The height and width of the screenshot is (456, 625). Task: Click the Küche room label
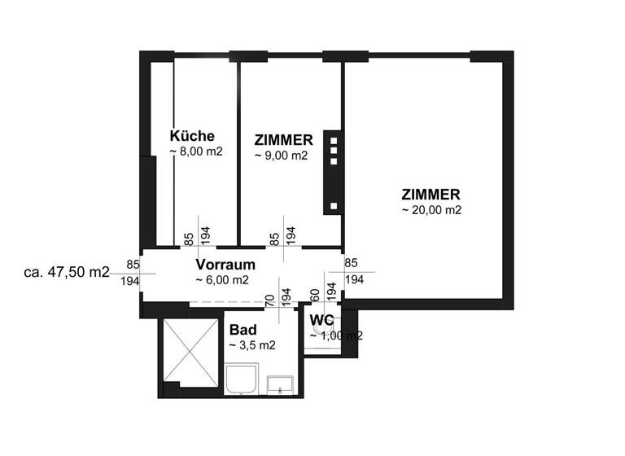pos(192,136)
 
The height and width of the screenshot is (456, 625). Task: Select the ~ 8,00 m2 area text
pos(196,151)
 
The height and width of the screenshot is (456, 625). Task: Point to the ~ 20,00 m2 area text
pos(431,210)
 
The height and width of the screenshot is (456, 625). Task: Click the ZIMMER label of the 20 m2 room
pos(431,195)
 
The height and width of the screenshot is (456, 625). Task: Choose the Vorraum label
pos(225,265)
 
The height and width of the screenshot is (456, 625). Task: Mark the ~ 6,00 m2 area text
pos(222,280)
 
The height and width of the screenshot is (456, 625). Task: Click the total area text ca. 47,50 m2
pos(67,272)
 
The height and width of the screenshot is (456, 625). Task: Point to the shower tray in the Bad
pos(242,380)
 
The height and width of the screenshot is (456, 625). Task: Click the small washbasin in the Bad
pos(281,384)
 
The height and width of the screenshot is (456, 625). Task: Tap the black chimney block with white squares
pos(332,172)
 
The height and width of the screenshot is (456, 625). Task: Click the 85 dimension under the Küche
pos(189,238)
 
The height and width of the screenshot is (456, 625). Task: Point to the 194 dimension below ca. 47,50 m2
pos(129,280)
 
